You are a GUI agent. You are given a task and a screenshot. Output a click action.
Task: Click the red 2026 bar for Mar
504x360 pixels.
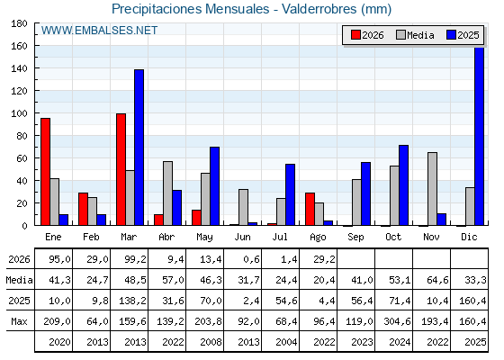(x=121, y=169)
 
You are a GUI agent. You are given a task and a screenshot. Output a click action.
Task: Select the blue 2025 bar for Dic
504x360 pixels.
(x=479, y=136)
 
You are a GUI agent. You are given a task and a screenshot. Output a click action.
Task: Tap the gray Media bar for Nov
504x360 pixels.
(x=432, y=189)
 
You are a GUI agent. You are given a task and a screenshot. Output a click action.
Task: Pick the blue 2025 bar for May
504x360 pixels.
(x=215, y=186)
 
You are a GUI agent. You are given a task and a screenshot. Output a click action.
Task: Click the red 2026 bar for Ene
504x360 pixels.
(x=45, y=172)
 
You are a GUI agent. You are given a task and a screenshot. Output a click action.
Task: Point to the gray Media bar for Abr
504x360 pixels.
(x=167, y=193)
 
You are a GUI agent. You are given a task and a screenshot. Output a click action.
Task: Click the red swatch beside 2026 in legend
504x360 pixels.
(x=355, y=35)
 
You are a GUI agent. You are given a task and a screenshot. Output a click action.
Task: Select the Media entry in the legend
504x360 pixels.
(x=415, y=35)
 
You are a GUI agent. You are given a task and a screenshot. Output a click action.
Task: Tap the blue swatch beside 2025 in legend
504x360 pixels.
(x=451, y=35)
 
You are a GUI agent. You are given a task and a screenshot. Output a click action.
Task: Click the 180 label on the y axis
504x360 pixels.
(x=19, y=23)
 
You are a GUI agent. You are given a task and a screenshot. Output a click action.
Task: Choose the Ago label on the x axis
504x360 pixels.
(x=318, y=238)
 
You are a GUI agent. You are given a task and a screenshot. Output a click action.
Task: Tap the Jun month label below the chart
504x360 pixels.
(x=242, y=238)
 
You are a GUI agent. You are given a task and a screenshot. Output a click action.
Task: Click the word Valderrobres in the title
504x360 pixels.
(x=319, y=9)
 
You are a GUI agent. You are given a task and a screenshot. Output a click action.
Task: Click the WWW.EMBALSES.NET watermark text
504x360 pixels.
(x=99, y=31)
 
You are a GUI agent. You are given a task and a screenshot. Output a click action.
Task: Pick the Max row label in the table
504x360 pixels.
(x=19, y=321)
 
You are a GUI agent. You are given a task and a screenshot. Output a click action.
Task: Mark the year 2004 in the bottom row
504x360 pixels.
(x=286, y=342)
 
